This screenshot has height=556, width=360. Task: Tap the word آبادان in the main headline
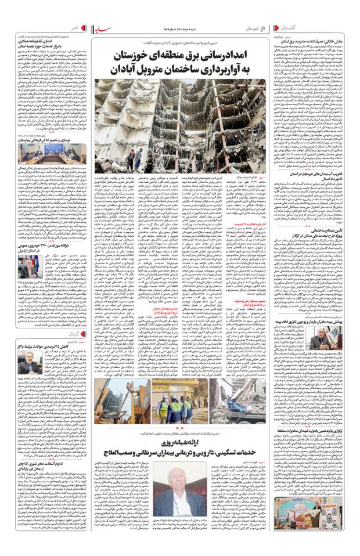(x=125, y=71)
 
